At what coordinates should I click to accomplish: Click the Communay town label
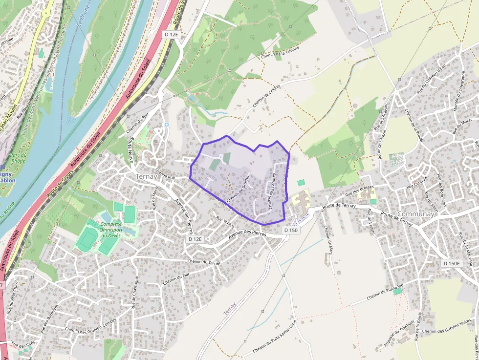click(x=416, y=214)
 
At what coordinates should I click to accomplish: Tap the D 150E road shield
click(x=451, y=263)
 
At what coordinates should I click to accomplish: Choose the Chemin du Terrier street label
click(x=203, y=262)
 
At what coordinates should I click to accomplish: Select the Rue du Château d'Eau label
click(x=431, y=80)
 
